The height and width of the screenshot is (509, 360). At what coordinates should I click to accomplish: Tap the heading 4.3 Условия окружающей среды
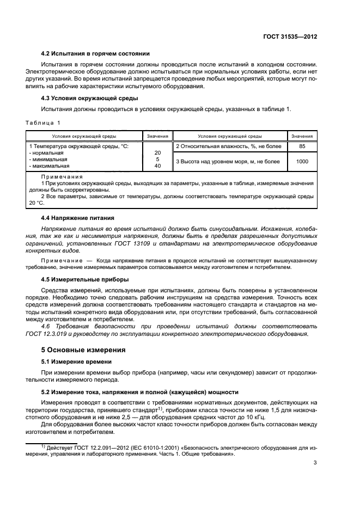[x=90, y=98]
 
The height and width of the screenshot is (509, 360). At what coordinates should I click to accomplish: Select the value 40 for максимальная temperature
[x=157, y=166]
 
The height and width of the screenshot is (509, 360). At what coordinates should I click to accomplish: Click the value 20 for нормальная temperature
[x=157, y=153]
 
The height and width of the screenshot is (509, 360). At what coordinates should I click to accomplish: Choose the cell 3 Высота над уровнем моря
[x=227, y=162]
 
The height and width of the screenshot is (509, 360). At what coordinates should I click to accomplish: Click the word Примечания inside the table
[x=62, y=177]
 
